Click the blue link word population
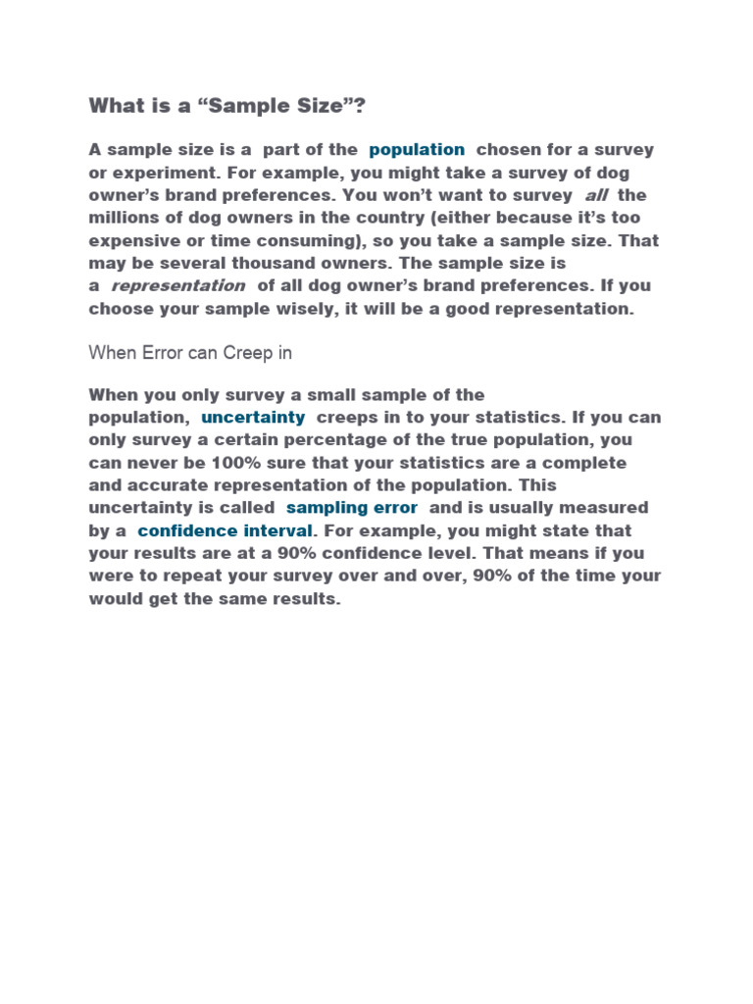coord(417,150)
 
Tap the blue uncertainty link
coord(253,418)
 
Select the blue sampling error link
coord(352,508)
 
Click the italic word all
coord(596,195)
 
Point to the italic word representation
coord(177,285)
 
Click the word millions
coord(125,218)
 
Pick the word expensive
coord(131,240)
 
